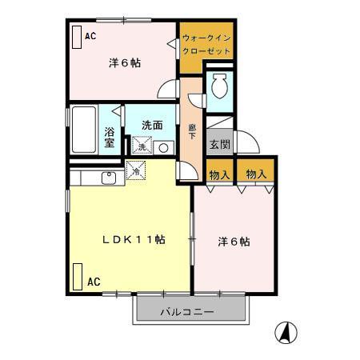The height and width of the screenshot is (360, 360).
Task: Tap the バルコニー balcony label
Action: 186,311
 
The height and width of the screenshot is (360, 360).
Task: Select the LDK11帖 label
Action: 133,239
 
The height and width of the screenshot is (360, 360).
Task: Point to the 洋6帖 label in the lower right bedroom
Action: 234,241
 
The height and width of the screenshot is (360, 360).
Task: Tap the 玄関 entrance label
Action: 219,144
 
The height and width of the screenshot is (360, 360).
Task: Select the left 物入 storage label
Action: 220,174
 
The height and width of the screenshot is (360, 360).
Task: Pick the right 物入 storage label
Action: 256,174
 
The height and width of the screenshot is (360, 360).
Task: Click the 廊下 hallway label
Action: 192,132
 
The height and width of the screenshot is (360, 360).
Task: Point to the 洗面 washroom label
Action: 153,125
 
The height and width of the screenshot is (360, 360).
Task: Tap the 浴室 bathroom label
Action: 110,138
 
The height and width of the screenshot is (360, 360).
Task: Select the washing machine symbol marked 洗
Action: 142,147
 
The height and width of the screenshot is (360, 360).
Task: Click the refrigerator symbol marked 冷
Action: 137,170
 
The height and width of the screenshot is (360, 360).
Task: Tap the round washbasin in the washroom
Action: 162,147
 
